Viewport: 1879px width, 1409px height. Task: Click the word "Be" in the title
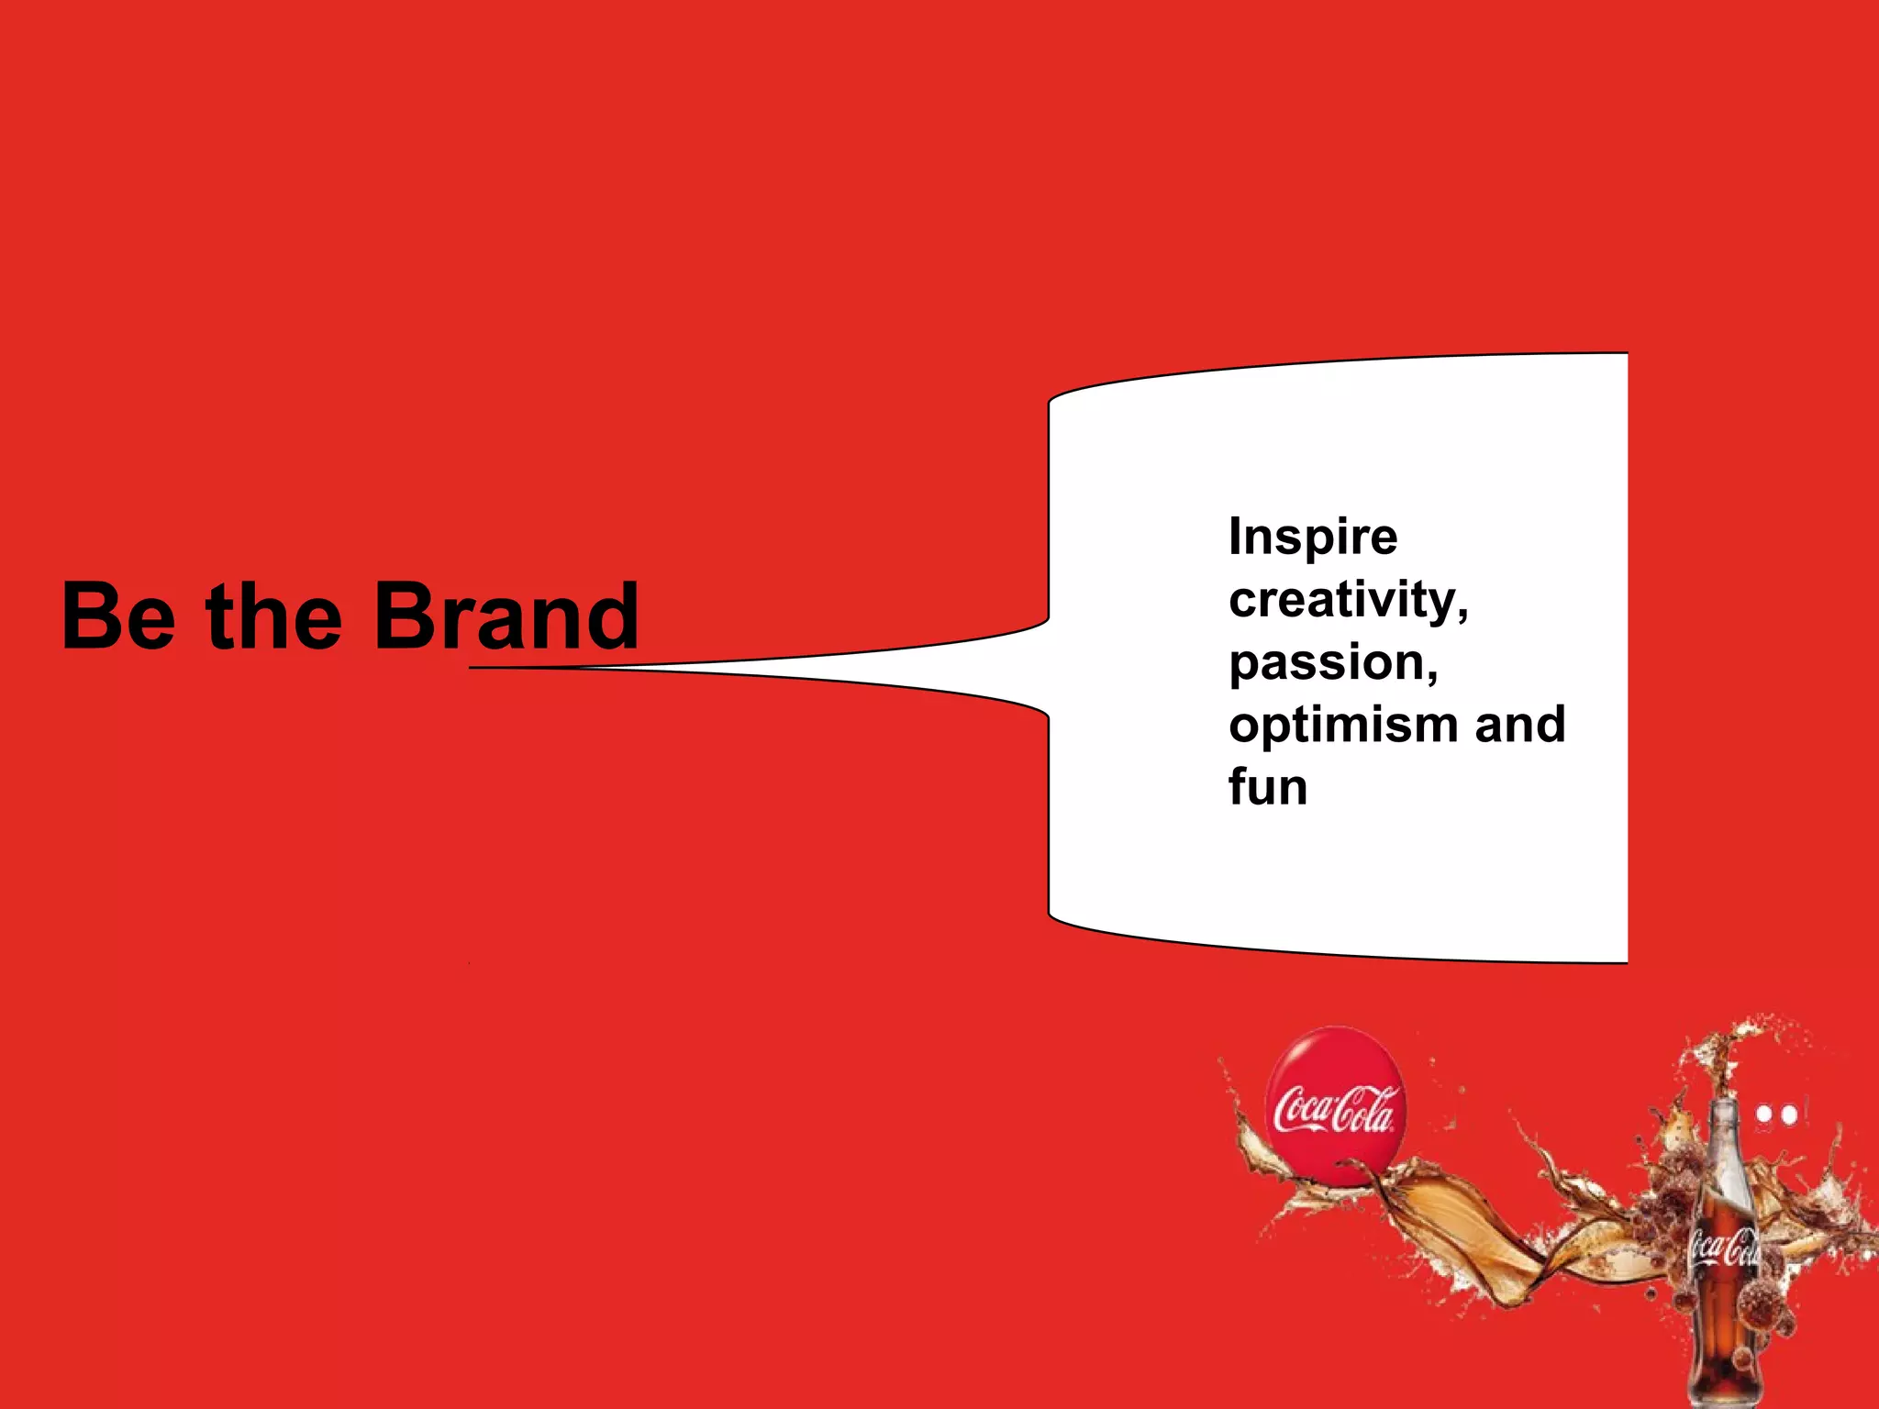coord(118,616)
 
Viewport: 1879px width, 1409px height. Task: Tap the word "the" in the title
coord(274,616)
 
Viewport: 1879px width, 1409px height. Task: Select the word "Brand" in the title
coord(506,616)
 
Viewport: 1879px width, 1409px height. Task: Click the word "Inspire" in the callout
coord(1313,538)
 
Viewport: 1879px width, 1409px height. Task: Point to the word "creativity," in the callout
coord(1349,602)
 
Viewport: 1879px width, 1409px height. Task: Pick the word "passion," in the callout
coord(1333,664)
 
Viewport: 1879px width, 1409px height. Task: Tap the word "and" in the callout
coord(1519,725)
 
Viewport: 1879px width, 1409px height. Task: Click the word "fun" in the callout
coord(1268,788)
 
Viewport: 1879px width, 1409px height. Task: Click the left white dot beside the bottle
coord(1764,1115)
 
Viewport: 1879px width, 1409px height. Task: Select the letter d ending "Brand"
coord(612,616)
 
